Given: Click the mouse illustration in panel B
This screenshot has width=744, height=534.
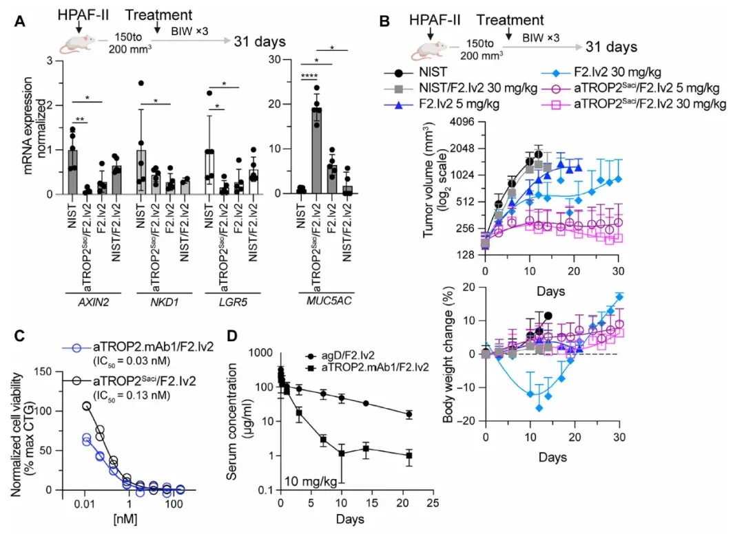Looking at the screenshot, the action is [x=429, y=51].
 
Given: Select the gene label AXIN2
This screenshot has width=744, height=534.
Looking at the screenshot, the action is [x=94, y=302].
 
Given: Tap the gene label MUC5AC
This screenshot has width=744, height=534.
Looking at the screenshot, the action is [x=329, y=301].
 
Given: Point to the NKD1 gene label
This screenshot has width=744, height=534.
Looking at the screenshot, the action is [x=164, y=302].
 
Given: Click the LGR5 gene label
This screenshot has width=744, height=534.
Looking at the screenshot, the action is [x=233, y=302].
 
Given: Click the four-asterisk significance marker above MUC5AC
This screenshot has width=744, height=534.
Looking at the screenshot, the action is [x=309, y=76].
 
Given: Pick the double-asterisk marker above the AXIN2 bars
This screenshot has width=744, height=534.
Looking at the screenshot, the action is [x=81, y=120].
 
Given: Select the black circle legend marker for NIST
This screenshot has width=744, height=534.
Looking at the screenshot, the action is [x=399, y=73].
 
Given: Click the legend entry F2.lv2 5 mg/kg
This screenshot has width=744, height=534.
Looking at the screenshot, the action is [x=459, y=103].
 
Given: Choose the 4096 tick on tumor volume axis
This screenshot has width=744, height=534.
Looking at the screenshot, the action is [x=461, y=122].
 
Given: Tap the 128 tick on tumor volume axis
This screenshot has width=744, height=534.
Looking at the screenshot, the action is [x=465, y=255].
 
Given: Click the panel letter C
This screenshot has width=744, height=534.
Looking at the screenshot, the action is [x=19, y=335].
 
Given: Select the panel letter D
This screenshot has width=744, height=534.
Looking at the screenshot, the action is [x=232, y=335].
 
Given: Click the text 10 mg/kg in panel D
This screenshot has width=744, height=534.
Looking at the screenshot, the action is [x=311, y=482].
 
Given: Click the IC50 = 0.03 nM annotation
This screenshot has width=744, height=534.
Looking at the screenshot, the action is [x=132, y=361].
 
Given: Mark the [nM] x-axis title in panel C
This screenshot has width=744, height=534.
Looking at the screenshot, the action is [x=125, y=518].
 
